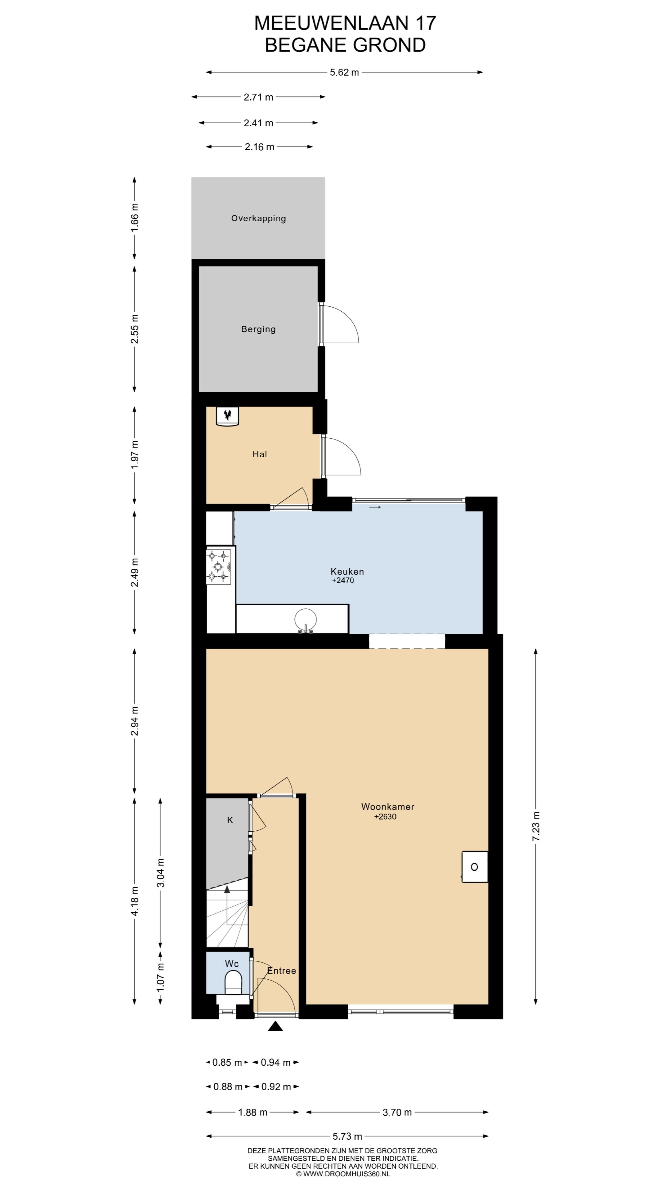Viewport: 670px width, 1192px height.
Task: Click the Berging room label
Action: point(258,329)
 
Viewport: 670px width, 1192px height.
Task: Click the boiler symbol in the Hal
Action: point(227,416)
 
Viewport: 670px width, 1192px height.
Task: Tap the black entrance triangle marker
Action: point(275,1026)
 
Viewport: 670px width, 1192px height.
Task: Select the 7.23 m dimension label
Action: point(536,826)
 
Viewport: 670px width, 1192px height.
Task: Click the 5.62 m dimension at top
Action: point(345,72)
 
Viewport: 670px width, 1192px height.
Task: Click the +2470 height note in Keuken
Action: point(343,580)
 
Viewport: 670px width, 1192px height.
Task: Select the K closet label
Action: point(230,820)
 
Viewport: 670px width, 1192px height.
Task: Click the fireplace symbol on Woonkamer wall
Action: point(474,867)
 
